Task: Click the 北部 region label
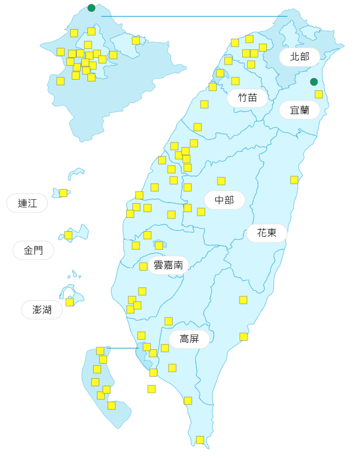(299, 57)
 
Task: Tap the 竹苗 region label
(247, 98)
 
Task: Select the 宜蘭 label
(299, 110)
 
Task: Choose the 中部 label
(224, 200)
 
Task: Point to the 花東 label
(266, 232)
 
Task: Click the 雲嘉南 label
(168, 265)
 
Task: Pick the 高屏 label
(189, 338)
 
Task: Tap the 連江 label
(27, 203)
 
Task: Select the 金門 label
(33, 250)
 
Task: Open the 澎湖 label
(42, 309)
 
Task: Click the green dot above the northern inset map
(91, 8)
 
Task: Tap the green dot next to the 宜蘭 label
(314, 82)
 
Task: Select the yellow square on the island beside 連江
(63, 193)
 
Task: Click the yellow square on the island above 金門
(68, 235)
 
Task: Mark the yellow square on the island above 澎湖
(70, 302)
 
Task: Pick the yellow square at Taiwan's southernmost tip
(200, 439)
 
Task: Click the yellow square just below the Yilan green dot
(319, 94)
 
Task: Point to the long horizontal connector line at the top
(194, 16)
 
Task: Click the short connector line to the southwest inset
(122, 348)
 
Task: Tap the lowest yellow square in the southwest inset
(112, 405)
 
